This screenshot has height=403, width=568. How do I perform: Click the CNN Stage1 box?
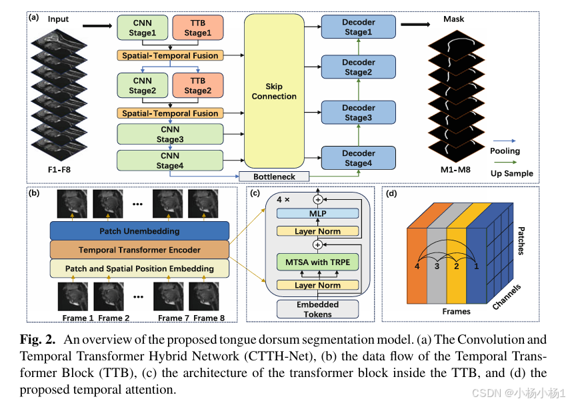click(143, 27)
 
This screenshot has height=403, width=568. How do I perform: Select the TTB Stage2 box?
click(198, 85)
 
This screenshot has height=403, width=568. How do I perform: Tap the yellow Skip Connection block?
click(274, 91)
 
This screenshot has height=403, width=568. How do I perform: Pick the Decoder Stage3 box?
click(358, 113)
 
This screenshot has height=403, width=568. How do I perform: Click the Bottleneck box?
click(274, 177)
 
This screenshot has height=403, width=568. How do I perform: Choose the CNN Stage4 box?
click(170, 161)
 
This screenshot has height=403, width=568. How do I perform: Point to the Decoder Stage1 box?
click(358, 27)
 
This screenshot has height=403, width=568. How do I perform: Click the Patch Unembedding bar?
click(139, 231)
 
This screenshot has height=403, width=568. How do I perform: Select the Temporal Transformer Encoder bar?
click(139, 250)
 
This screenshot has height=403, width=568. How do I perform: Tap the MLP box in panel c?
click(318, 214)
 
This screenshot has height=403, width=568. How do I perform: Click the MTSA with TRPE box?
click(318, 262)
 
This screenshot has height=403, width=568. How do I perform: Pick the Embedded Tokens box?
click(318, 309)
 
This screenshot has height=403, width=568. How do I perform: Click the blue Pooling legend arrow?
click(505, 141)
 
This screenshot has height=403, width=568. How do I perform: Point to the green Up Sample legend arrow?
click(505, 163)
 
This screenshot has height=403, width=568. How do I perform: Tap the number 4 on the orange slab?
click(417, 266)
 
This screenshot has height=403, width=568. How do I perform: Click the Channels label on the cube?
click(507, 297)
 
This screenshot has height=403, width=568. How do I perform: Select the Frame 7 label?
click(173, 318)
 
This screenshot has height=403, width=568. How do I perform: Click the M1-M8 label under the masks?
click(455, 169)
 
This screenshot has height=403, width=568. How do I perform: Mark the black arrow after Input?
click(97, 26)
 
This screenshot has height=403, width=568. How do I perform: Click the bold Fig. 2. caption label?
click(38, 340)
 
